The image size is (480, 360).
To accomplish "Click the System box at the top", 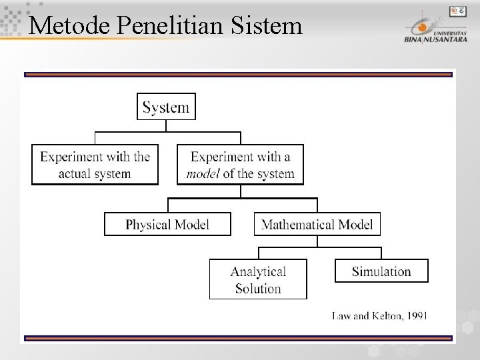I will [x=166, y=107].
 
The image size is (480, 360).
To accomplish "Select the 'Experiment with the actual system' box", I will [x=95, y=165].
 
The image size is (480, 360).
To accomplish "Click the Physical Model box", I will [x=167, y=224].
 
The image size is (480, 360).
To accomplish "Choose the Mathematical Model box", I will [x=317, y=224].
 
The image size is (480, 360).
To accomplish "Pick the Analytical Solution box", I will [x=258, y=279].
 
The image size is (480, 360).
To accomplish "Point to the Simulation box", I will [x=381, y=271].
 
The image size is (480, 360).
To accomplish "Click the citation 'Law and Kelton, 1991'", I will [x=380, y=315].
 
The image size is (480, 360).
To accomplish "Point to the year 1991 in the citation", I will [x=416, y=315].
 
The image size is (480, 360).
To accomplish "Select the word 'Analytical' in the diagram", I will [x=258, y=271].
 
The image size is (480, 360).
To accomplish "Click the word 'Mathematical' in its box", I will [x=295, y=224].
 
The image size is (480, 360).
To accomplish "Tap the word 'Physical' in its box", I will [x=147, y=224].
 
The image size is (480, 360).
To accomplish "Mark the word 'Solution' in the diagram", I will [x=258, y=289].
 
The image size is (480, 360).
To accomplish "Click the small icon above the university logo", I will [x=457, y=11].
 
